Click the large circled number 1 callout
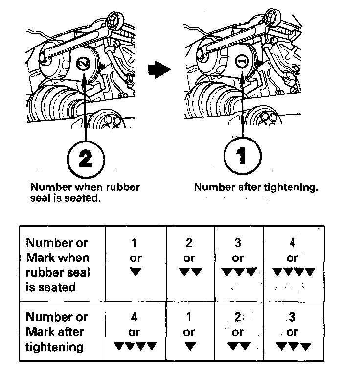pyautogui.click(x=242, y=156)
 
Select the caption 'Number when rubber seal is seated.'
pyautogui.click(x=85, y=193)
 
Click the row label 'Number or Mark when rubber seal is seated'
pyautogui.click(x=58, y=264)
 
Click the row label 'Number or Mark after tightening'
pyautogui.click(x=55, y=332)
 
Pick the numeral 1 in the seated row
pyautogui.click(x=135, y=243)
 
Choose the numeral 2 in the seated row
pyautogui.click(x=189, y=243)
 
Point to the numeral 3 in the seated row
pyautogui.click(x=238, y=243)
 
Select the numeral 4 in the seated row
pyautogui.click(x=292, y=243)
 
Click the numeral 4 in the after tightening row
pyautogui.click(x=135, y=317)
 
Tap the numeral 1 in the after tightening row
pyautogui.click(x=189, y=317)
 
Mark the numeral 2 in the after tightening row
pyautogui.click(x=238, y=317)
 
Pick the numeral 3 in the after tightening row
pyautogui.click(x=292, y=317)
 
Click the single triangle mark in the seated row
pyautogui.click(x=135, y=272)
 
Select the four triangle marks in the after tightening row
pyautogui.click(x=135, y=347)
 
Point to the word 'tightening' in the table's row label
pyautogui.click(x=55, y=347)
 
